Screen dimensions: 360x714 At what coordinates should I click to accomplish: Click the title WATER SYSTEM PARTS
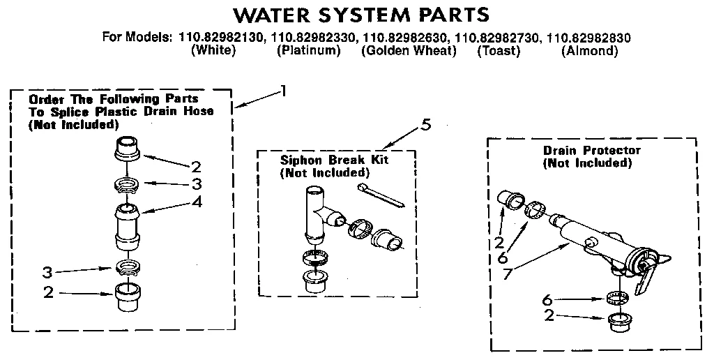pos(360,15)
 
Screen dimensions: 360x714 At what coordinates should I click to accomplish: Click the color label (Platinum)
pos(308,51)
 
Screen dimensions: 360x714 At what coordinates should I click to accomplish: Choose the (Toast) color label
pos(499,51)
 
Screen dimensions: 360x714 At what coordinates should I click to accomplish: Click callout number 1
pos(283,90)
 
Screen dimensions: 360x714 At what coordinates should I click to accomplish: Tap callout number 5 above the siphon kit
pos(426,126)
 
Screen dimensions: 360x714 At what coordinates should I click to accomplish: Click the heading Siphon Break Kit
pos(334,160)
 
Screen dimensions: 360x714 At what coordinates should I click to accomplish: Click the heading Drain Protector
pos(591,150)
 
